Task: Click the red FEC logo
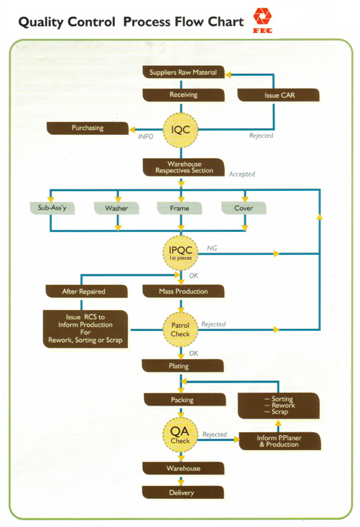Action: (262, 21)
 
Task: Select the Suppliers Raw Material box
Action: (183, 73)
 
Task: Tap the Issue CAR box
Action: (279, 95)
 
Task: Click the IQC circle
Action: (180, 130)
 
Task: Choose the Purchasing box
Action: (88, 128)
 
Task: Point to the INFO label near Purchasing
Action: (145, 136)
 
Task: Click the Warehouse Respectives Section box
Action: (184, 167)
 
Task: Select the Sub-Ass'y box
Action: (52, 208)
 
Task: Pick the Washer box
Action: (116, 208)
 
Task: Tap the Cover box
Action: (244, 208)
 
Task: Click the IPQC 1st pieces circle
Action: (180, 253)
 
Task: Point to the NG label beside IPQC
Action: (212, 248)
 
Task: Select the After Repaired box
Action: (86, 292)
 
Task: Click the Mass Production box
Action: (183, 292)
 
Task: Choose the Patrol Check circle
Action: (180, 330)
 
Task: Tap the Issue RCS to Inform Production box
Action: (86, 329)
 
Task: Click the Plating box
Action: (183, 365)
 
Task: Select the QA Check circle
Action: (180, 435)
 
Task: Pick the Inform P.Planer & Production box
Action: (280, 441)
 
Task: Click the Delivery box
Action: (183, 493)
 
